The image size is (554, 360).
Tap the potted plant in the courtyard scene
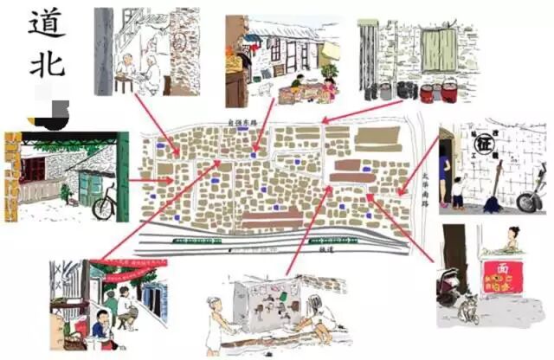point(329,69)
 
